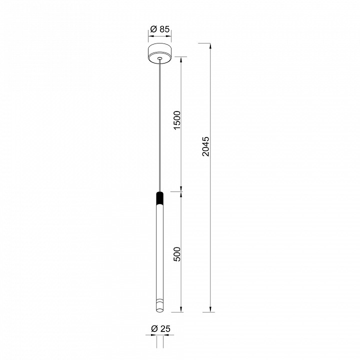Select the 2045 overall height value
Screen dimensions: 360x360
click(206, 146)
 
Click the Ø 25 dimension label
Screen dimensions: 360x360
click(159, 328)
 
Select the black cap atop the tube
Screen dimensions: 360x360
click(160, 198)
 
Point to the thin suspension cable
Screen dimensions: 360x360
click(160, 125)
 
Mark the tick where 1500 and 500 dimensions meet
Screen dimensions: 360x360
click(181, 190)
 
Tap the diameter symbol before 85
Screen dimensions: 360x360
click(153, 29)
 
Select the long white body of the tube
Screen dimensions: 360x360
click(160, 250)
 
